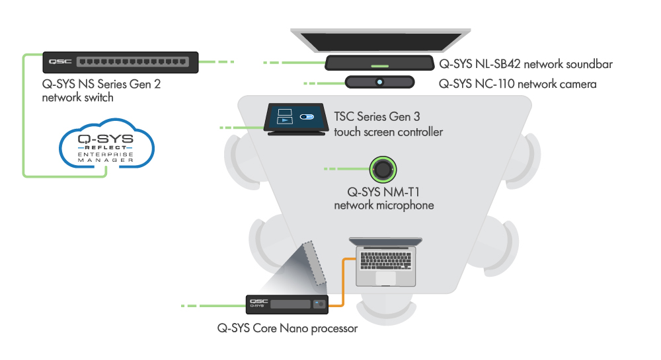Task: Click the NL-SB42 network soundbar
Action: pos(379,63)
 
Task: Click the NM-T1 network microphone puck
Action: pos(383,169)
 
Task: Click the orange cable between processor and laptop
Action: pos(342,277)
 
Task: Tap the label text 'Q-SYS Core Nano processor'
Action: pos(287,328)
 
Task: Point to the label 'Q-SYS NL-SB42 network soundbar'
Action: pos(526,65)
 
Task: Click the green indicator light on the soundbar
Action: pos(379,66)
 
